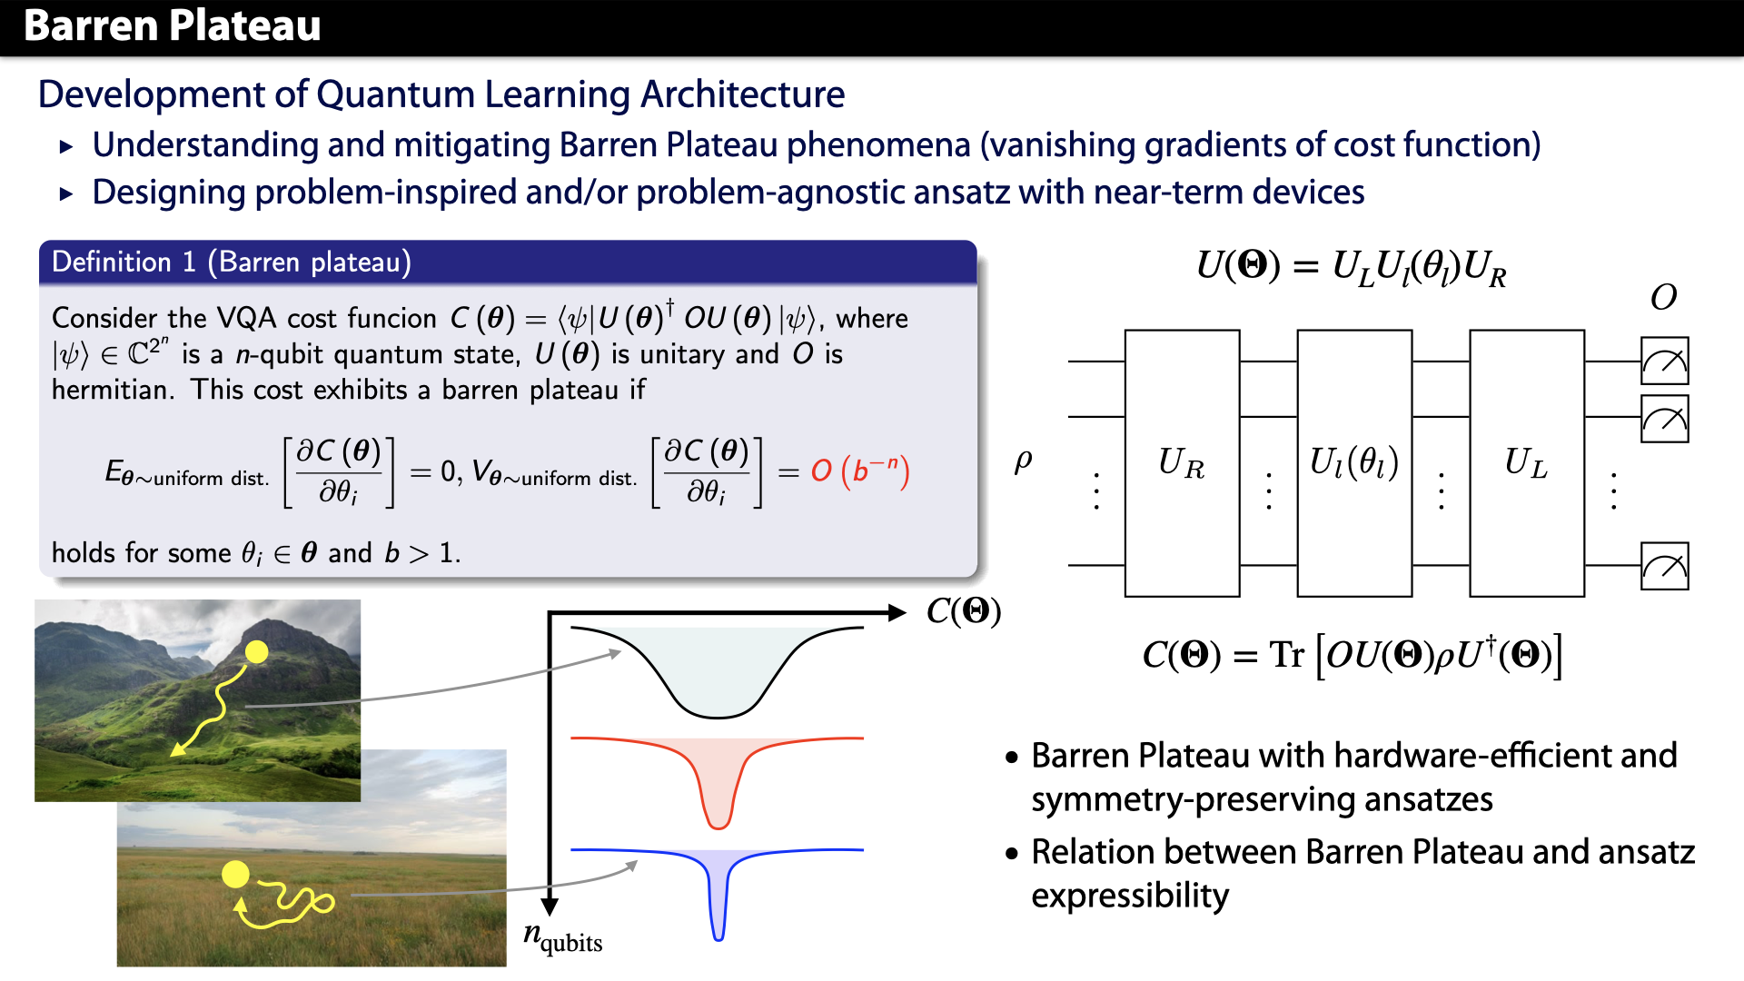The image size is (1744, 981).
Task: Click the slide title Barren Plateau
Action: click(172, 25)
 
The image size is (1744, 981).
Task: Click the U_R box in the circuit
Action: click(1182, 463)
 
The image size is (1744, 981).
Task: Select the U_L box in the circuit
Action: click(1526, 463)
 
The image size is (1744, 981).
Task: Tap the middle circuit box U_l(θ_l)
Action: click(1353, 463)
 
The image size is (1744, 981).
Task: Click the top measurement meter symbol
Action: click(1664, 362)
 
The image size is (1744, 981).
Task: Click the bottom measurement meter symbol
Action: click(1664, 566)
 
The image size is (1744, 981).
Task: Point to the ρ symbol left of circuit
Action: click(1023, 461)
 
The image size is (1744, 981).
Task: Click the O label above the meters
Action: click(1663, 298)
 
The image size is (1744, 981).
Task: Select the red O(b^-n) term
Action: click(859, 471)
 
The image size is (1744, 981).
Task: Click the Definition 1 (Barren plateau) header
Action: click(232, 263)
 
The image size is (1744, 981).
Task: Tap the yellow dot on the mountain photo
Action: click(257, 651)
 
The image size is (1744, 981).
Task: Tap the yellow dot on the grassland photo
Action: click(235, 874)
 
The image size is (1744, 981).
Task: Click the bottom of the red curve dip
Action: click(718, 825)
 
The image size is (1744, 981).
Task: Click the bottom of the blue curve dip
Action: click(718, 936)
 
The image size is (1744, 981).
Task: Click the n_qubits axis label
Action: click(563, 937)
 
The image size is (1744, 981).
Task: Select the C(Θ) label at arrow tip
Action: click(963, 611)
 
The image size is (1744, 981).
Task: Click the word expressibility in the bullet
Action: click(1129, 896)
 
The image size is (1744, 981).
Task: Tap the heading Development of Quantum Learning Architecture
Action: click(441, 94)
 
